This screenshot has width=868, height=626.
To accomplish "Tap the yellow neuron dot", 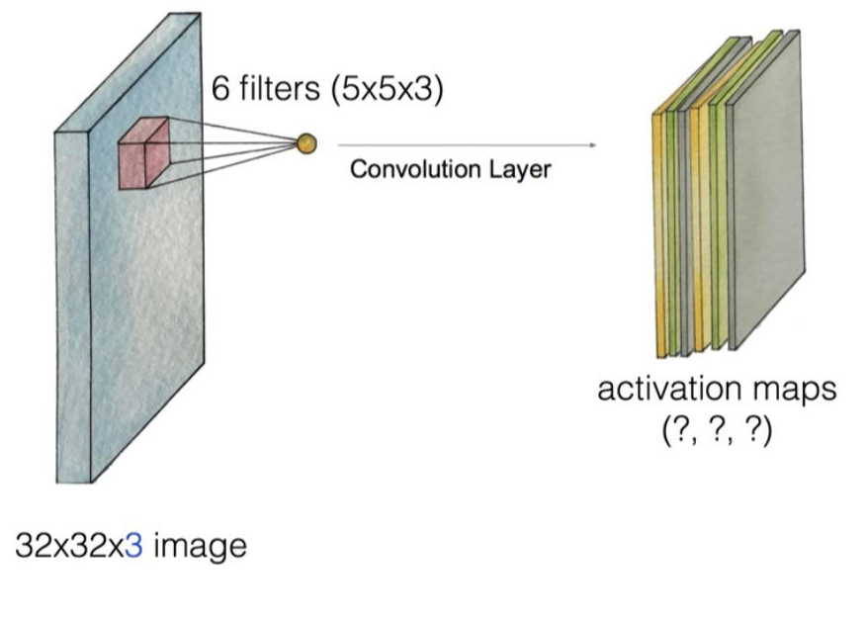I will pos(306,144).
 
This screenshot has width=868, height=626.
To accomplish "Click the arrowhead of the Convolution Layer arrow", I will pos(593,145).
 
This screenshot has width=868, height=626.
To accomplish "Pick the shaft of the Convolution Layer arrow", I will pos(465,145).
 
